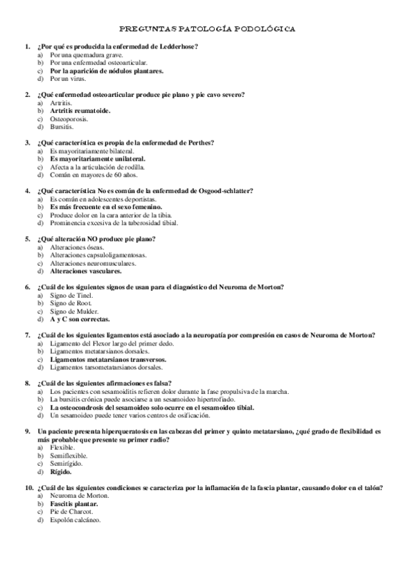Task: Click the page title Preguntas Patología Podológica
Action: click(207, 30)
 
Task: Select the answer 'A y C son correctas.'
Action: click(79, 319)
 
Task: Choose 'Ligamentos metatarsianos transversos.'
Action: click(107, 359)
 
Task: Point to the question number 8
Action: click(27, 383)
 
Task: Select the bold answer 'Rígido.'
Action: click(62, 471)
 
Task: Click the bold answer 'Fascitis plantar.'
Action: click(74, 504)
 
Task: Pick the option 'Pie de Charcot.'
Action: click(71, 512)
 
